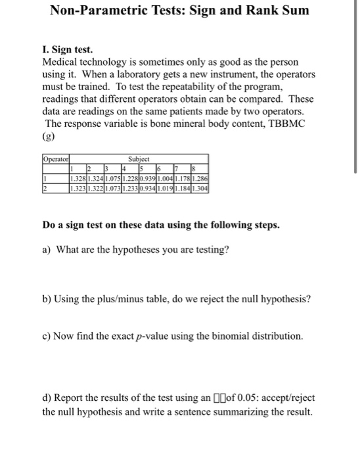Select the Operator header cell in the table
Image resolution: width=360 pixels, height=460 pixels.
pos(56,159)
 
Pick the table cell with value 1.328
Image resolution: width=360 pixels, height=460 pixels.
pos(78,177)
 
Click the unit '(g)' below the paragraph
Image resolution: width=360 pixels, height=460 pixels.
pos(49,138)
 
